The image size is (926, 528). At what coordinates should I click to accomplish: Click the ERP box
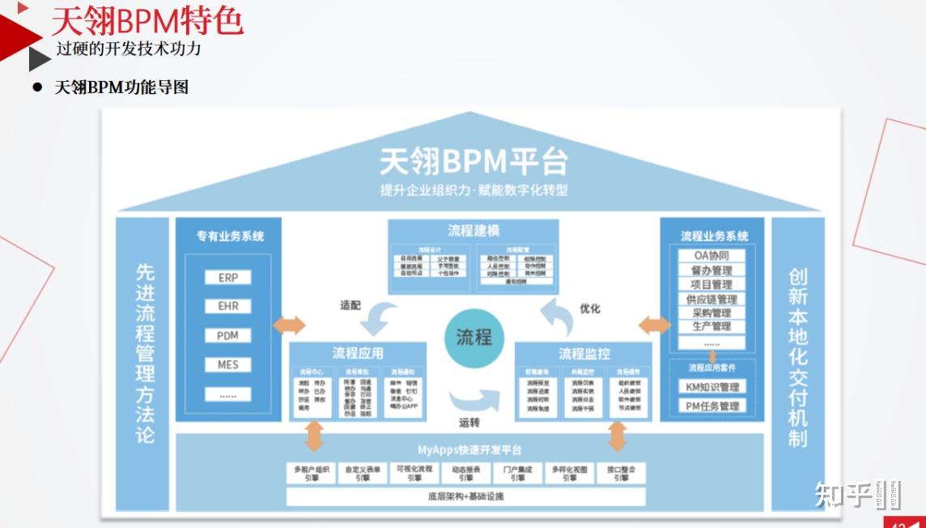228,278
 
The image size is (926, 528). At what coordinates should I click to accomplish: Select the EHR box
228,307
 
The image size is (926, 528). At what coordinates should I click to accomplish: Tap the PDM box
228,336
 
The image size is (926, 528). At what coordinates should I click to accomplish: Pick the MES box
228,365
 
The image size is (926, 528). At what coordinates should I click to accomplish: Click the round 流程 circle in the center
474,337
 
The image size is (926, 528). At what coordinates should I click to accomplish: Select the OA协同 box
711,256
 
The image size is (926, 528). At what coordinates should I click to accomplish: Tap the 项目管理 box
711,284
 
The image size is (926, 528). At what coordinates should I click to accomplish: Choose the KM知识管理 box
711,387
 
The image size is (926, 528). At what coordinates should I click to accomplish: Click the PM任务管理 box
711,406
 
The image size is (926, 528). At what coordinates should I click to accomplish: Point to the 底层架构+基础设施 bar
465,496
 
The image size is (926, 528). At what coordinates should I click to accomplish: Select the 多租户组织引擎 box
312,473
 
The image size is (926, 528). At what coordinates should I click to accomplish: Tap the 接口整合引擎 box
621,473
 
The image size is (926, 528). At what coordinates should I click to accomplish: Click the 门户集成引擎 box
518,473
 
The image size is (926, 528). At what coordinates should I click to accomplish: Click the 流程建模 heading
474,230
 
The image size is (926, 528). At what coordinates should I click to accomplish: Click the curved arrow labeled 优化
558,315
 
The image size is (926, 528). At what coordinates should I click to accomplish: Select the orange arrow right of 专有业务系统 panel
289,325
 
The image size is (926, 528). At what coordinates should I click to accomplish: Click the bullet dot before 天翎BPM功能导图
36,87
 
